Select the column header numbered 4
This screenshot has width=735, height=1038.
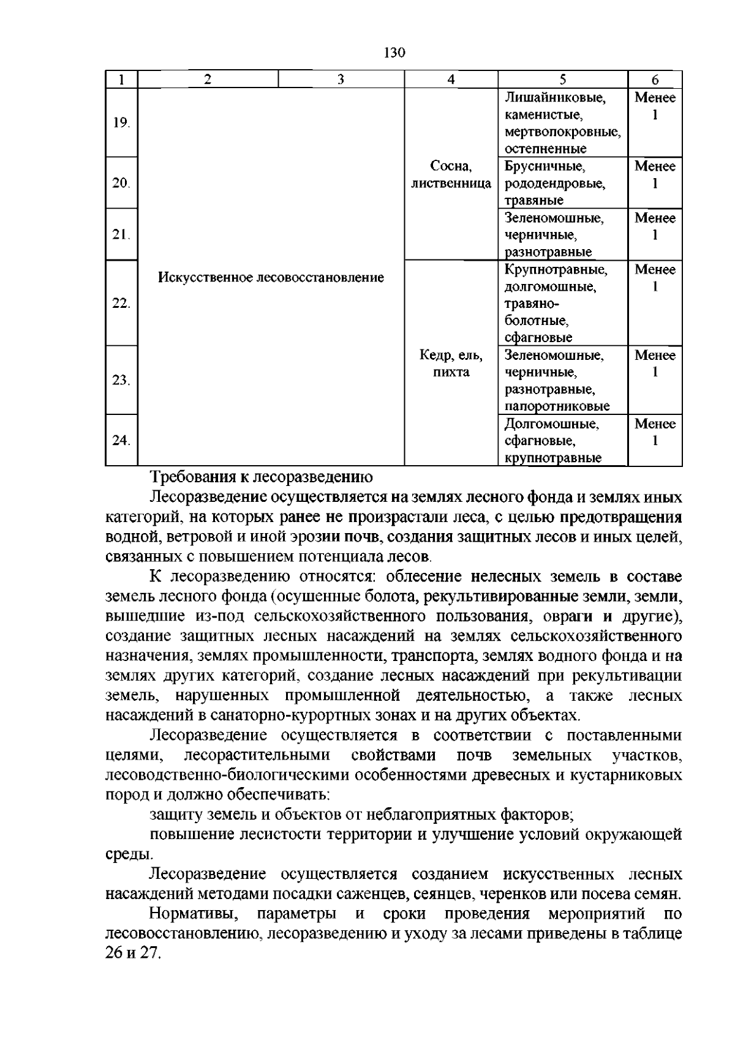[x=451, y=79]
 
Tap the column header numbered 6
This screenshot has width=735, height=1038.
[x=655, y=80]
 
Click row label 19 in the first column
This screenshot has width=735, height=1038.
[x=121, y=122]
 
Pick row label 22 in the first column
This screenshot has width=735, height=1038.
[x=121, y=304]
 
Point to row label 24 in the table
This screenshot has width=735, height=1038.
[x=121, y=440]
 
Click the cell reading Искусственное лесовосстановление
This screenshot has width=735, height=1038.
[x=271, y=278]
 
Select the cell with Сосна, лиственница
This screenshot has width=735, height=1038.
[x=451, y=174]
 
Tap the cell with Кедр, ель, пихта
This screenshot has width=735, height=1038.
[x=451, y=364]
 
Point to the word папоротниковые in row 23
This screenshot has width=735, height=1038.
[x=557, y=406]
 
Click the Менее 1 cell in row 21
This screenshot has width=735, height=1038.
[x=655, y=226]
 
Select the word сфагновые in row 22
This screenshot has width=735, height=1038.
[x=538, y=337]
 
